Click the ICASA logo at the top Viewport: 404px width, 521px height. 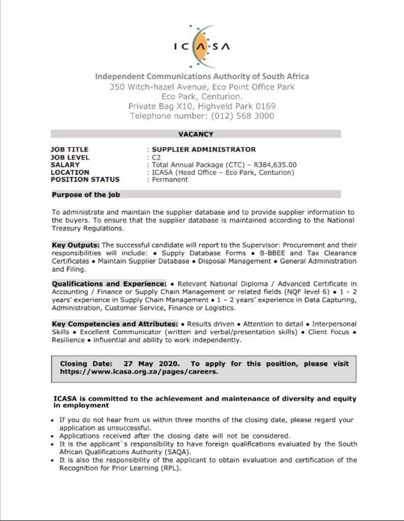coord(201,46)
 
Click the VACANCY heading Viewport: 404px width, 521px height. coord(195,134)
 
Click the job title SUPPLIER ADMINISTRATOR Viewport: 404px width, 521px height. coord(204,150)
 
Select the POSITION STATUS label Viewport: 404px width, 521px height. coord(85,180)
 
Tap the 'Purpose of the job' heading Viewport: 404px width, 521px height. coord(86,194)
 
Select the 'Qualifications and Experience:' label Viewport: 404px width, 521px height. coord(109,283)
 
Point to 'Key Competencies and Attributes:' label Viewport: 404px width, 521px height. coord(115,324)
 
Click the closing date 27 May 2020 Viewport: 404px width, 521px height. coord(152,364)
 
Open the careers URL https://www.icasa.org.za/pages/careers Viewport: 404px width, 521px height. coord(139,371)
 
